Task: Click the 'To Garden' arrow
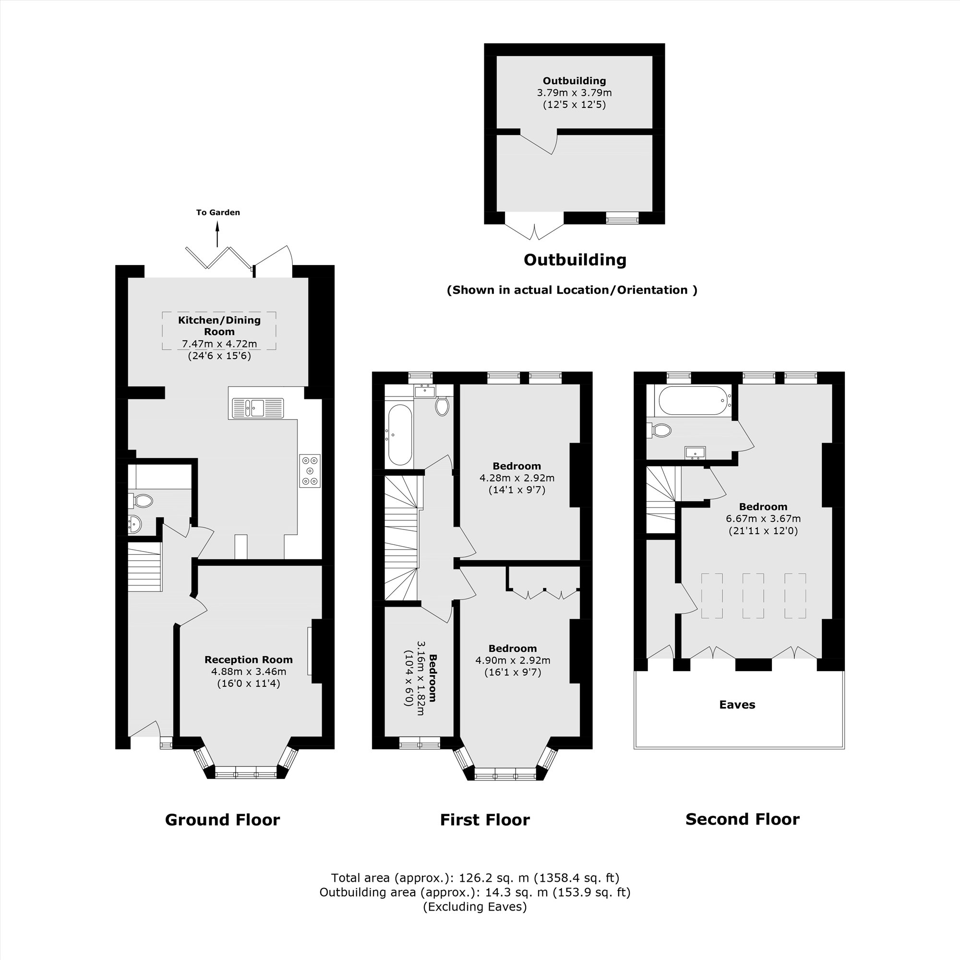[x=217, y=234]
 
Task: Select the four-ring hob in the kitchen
[x=310, y=470]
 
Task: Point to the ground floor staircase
[x=145, y=566]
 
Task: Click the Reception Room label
[x=249, y=660]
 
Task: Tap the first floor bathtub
[x=399, y=435]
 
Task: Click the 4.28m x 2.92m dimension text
[x=517, y=478]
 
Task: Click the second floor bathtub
[x=693, y=400]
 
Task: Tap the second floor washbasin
[x=695, y=453]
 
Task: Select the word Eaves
[x=737, y=705]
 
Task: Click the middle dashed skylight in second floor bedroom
[x=753, y=596]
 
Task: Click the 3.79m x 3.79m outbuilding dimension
[x=574, y=93]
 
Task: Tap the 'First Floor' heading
[x=484, y=819]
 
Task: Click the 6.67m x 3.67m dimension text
[x=763, y=519]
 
